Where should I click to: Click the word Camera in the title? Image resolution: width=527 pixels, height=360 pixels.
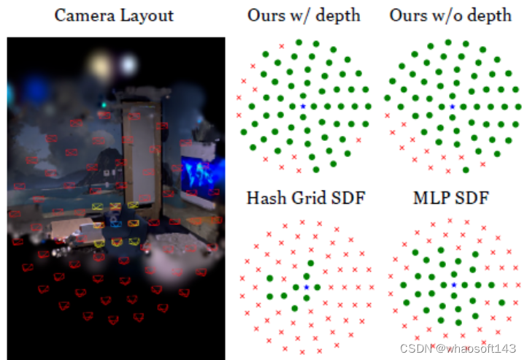(x=80, y=16)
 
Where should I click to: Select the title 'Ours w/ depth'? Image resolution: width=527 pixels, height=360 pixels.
(x=304, y=15)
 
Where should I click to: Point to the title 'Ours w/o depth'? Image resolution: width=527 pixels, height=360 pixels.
(x=450, y=15)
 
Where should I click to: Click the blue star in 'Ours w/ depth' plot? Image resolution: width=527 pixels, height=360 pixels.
(x=303, y=107)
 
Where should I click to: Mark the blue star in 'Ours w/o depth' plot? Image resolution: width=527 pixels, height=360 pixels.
(x=452, y=107)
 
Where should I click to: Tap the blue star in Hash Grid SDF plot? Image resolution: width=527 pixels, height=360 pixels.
(x=306, y=288)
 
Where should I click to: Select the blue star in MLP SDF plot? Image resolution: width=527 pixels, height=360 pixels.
(x=453, y=284)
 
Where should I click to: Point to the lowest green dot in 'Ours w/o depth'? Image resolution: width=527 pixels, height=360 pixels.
(x=466, y=169)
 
